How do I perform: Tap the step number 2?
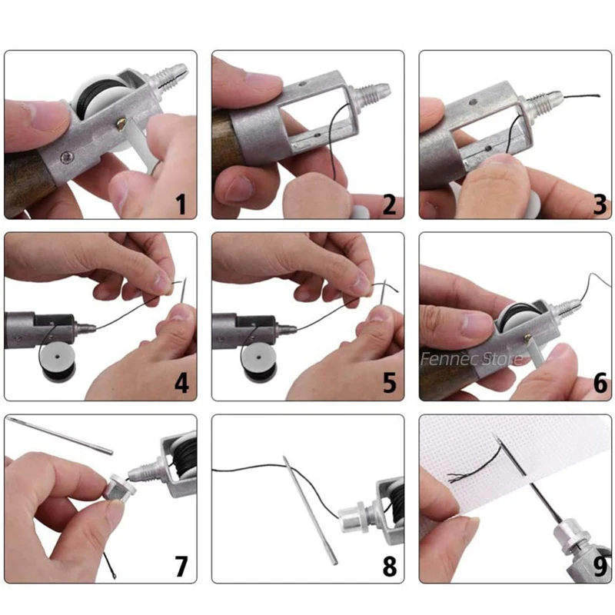389,204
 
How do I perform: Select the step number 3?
600,204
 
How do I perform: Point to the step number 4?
181,383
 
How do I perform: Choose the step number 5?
390,383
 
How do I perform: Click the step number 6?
600,383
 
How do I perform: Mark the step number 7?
181,566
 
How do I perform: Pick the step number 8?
390,566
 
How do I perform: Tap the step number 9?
600,566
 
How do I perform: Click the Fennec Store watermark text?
472,358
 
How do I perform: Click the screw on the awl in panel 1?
67,158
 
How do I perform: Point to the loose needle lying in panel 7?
60,435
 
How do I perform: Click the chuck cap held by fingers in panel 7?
119,487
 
